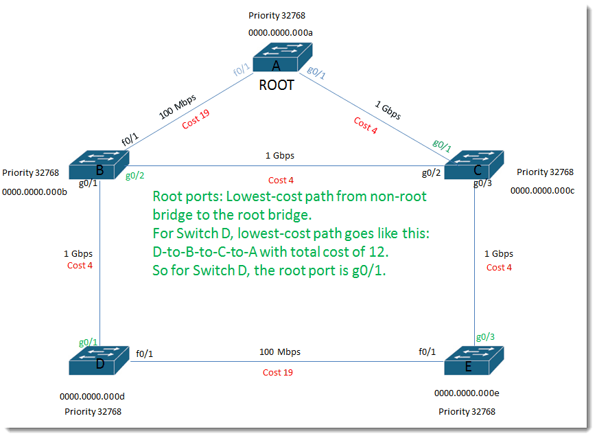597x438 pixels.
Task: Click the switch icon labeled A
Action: coord(283,57)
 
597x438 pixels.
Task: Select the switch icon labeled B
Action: coord(99,165)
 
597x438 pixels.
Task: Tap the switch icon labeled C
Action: coord(474,165)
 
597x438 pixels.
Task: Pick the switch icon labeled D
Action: coord(99,360)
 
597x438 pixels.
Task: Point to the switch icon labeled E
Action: coord(474,360)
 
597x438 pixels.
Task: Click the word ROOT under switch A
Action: coord(277,85)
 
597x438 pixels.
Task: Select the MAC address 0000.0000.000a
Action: coord(281,33)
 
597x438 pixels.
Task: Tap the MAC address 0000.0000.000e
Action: coord(467,393)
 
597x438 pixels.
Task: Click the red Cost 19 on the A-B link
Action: coord(196,119)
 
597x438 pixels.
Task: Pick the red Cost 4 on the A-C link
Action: coord(366,126)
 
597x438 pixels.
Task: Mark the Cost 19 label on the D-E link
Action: coord(278,373)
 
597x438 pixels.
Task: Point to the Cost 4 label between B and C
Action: coord(281,180)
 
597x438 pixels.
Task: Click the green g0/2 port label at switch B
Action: coord(134,176)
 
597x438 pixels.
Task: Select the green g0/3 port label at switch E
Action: coord(485,336)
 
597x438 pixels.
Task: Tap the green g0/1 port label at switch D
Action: coord(88,342)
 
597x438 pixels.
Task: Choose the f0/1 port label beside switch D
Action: coord(144,354)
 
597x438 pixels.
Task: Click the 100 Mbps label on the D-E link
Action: coord(280,352)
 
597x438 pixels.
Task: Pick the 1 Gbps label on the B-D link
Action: coord(78,253)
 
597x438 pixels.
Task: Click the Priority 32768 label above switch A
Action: coord(277,16)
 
